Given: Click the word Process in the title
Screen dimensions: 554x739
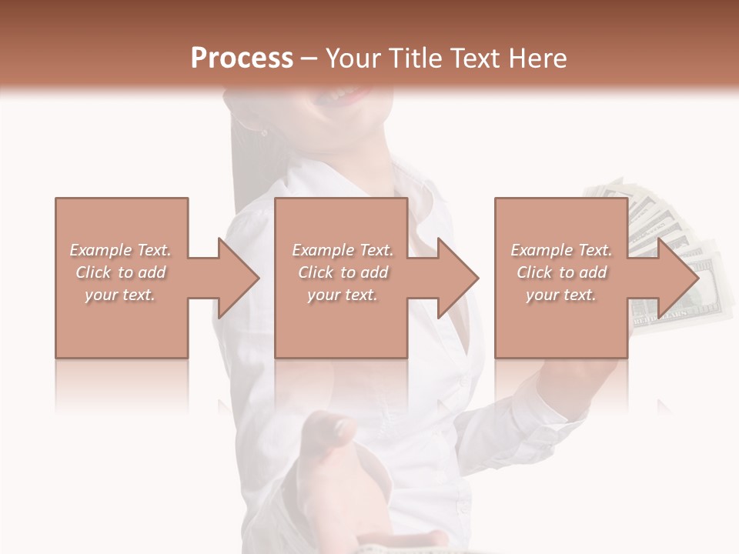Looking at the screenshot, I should click(x=242, y=58).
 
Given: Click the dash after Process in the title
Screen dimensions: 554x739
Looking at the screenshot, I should click(x=309, y=58).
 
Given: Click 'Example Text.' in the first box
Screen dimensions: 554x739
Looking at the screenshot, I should click(x=121, y=250).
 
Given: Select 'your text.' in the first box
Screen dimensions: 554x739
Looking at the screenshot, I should click(x=121, y=295).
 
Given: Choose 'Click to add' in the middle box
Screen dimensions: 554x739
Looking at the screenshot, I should click(x=343, y=272).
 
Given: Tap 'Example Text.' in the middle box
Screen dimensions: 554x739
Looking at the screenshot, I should click(x=343, y=250).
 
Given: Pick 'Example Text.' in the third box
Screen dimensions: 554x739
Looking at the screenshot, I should click(x=561, y=250).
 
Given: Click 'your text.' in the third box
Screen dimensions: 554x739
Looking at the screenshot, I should click(x=561, y=295).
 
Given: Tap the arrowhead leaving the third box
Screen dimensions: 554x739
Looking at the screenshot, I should click(x=677, y=278).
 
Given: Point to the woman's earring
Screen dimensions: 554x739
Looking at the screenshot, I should click(x=264, y=132).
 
